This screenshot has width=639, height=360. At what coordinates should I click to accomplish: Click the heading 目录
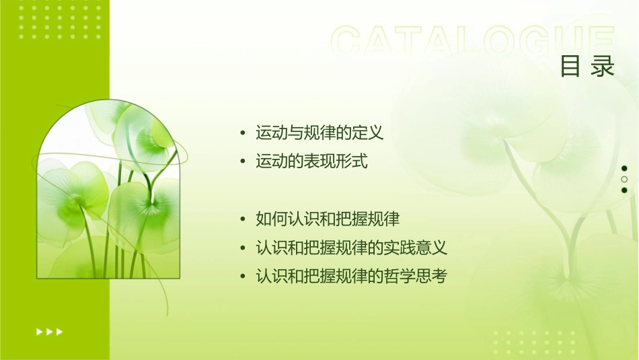click(x=587, y=67)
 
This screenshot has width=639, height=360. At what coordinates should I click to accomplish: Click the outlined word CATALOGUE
click(x=473, y=42)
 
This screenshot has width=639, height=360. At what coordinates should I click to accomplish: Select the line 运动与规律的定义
click(x=319, y=133)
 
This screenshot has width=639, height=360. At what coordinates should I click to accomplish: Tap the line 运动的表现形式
click(x=311, y=161)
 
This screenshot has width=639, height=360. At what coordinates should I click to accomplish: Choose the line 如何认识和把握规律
click(x=328, y=219)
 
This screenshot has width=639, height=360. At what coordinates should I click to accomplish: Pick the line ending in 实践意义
click(x=351, y=248)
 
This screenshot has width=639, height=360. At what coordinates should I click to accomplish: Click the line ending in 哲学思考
click(x=351, y=276)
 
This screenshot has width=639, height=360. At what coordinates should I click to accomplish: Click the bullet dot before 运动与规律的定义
click(x=242, y=133)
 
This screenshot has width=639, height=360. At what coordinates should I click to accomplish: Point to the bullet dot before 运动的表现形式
click(x=242, y=162)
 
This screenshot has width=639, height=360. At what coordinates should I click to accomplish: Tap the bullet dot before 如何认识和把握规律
click(x=242, y=219)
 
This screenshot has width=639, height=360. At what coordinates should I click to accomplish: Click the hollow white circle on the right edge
click(x=624, y=180)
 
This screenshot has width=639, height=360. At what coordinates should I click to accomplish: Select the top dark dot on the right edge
click(x=624, y=168)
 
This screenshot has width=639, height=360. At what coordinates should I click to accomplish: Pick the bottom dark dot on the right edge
click(x=624, y=190)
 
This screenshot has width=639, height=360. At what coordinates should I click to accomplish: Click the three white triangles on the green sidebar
click(x=49, y=331)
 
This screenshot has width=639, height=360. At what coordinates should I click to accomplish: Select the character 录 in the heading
click(x=603, y=67)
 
